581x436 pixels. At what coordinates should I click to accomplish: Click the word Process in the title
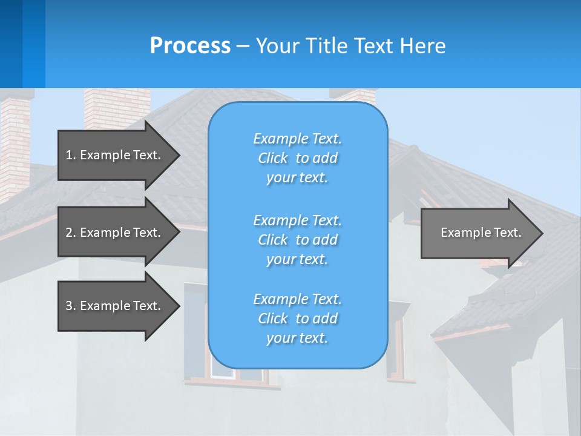(190, 46)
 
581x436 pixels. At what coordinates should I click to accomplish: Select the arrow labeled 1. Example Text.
(113, 155)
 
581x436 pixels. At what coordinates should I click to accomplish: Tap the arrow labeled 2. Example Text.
(113, 233)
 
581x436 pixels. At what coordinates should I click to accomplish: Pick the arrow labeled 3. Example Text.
(113, 306)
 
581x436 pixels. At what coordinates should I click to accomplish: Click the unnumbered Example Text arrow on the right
(481, 233)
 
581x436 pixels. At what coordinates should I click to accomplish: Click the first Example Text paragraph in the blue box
(297, 158)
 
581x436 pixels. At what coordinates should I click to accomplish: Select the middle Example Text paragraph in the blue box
(297, 240)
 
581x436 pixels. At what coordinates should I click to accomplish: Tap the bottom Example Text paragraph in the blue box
(297, 319)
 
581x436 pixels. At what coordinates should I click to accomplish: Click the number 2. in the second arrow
(71, 233)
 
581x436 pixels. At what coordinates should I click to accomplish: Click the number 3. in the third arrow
(71, 306)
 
